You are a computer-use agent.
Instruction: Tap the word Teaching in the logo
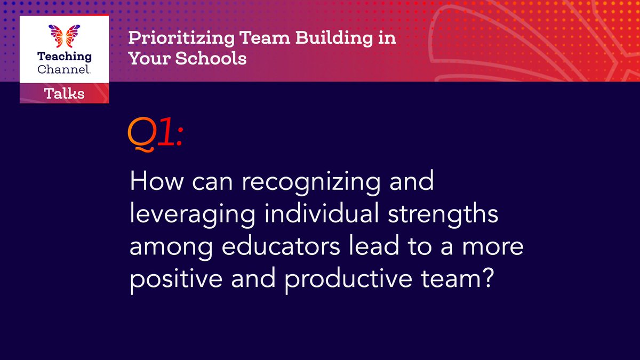coord(64,57)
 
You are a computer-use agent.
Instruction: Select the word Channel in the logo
coord(63,69)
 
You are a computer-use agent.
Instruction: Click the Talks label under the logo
coord(64,94)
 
